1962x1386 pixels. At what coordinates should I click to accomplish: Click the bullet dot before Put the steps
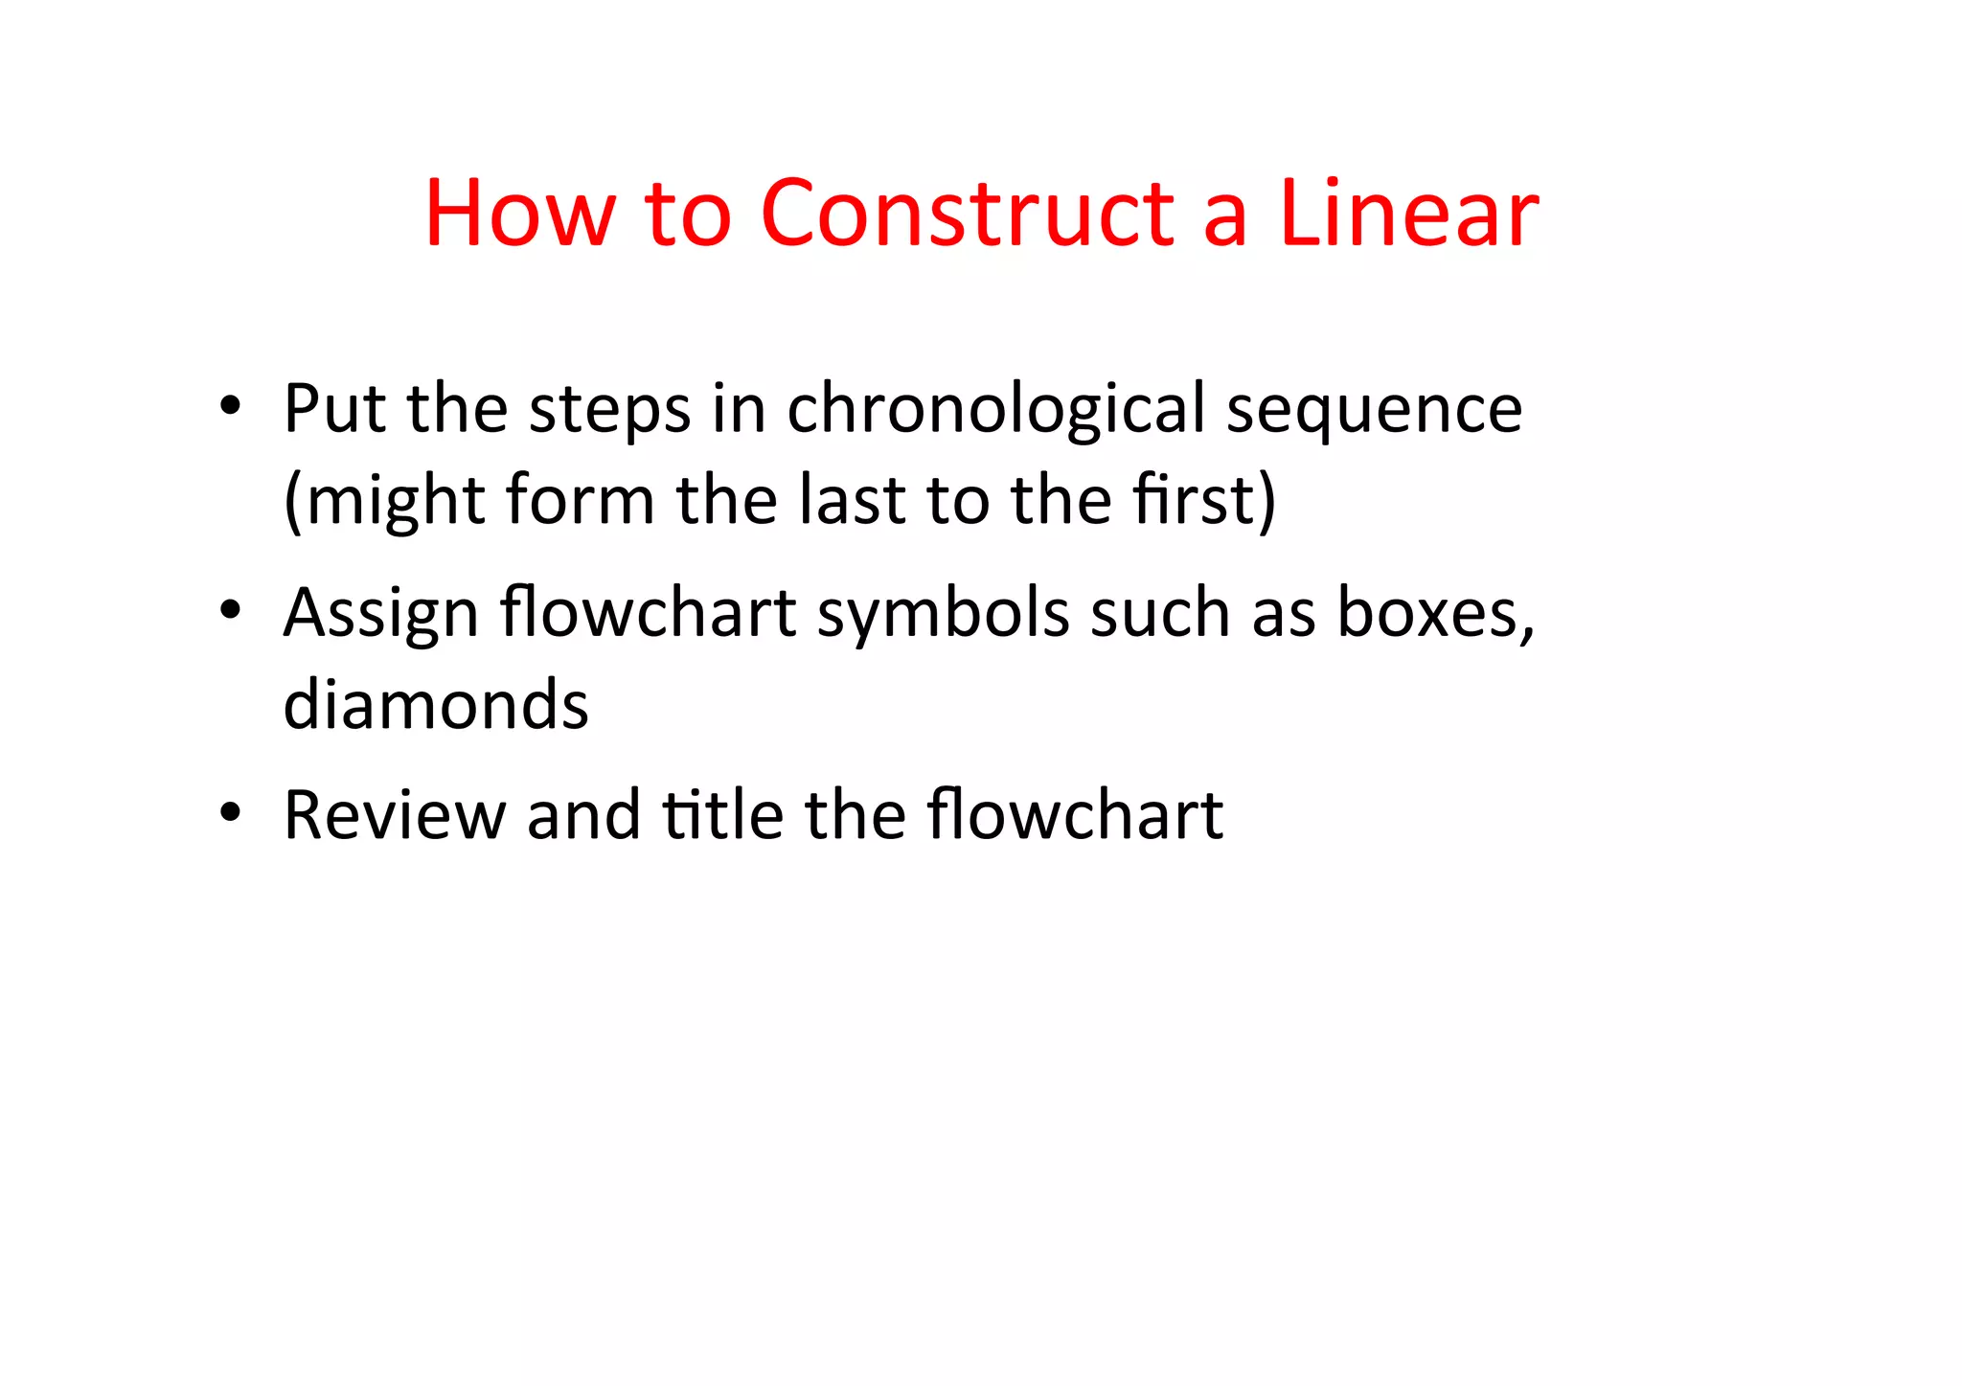[230, 405]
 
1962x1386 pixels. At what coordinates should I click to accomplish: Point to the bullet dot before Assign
[230, 609]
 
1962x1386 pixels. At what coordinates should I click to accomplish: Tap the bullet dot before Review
[230, 812]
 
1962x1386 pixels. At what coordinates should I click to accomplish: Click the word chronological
[996, 410]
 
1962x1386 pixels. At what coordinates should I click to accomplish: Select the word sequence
[1375, 410]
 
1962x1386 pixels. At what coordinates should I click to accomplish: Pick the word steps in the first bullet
[609, 410]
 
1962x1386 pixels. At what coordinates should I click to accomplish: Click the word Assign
[381, 613]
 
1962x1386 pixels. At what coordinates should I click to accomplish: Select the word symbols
[943, 613]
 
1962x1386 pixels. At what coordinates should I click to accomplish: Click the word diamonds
[436, 704]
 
